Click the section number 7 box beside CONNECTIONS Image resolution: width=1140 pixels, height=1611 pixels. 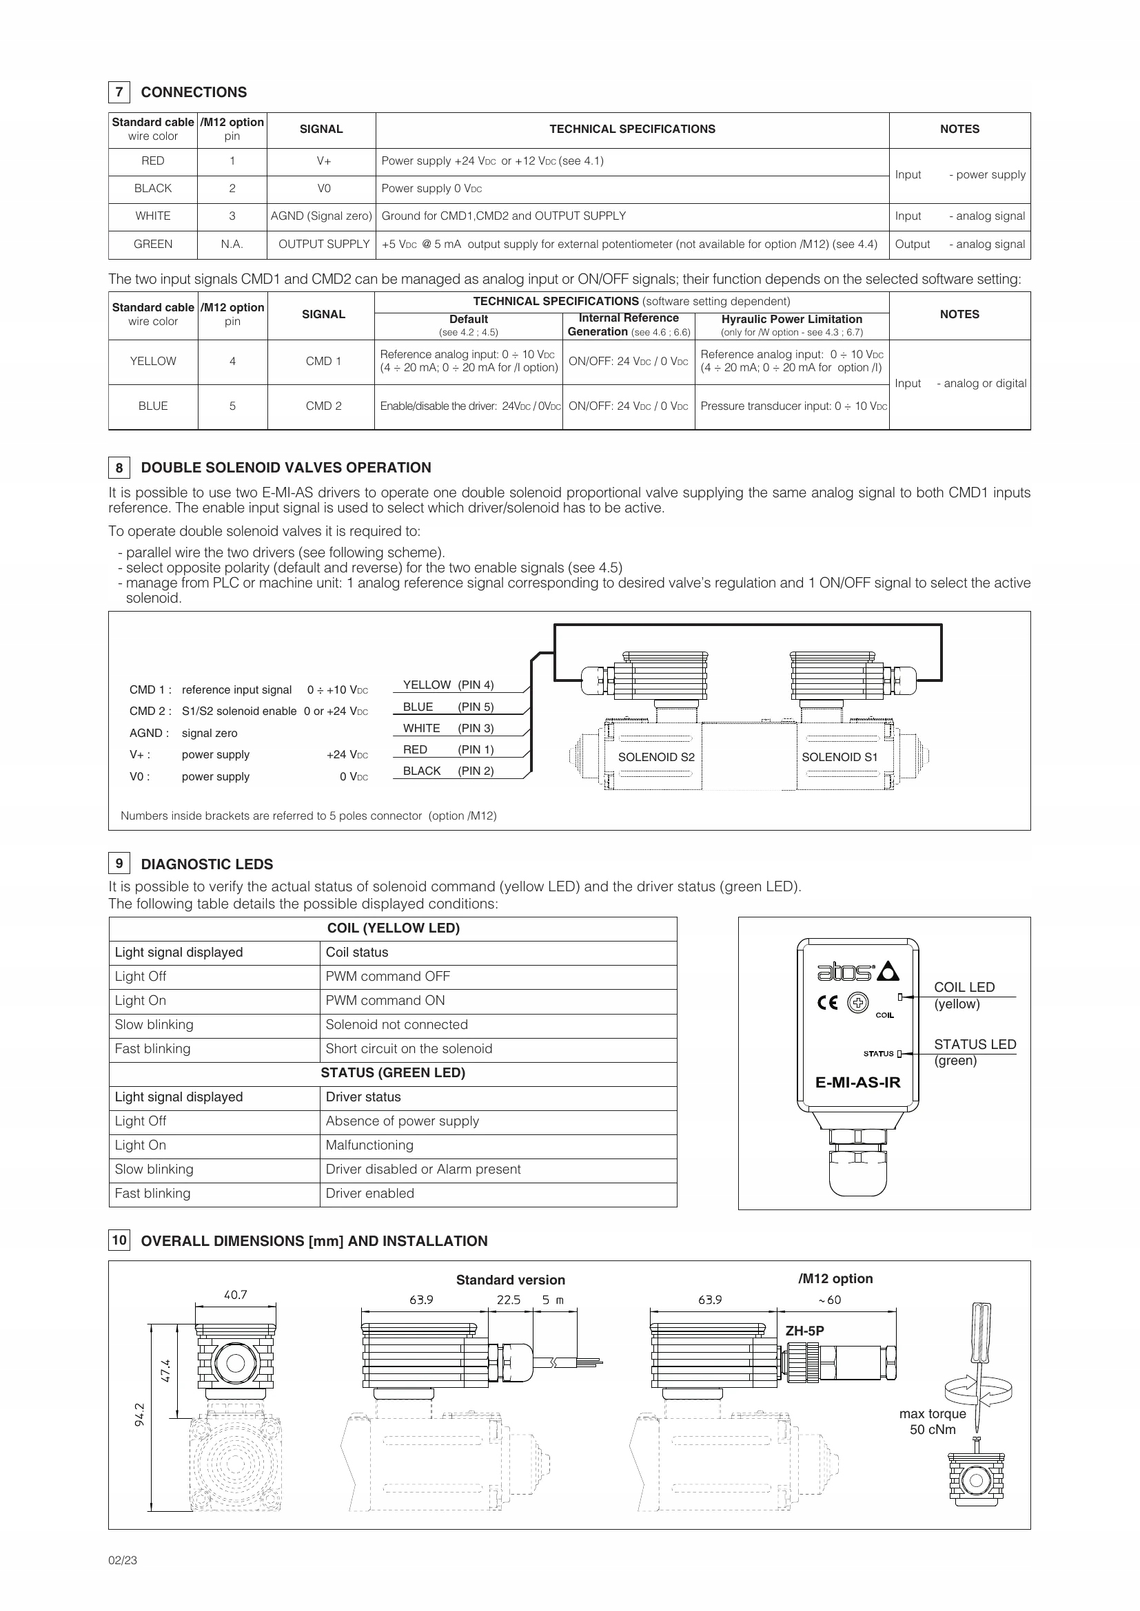tap(119, 92)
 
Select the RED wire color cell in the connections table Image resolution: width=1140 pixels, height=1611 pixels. tap(153, 161)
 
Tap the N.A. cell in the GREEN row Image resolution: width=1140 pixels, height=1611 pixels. tap(232, 245)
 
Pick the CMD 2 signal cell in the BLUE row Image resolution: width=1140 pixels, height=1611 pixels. tap(324, 406)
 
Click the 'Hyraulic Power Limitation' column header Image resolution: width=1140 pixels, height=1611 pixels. tap(792, 320)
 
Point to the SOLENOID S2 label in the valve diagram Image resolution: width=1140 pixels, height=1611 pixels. tap(655, 757)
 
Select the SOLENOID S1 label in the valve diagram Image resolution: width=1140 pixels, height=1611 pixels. tap(839, 757)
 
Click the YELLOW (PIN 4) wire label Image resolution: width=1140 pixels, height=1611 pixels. tap(448, 685)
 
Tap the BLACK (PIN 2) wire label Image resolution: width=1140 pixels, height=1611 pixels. tap(448, 771)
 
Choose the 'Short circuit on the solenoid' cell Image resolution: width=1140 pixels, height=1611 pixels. tap(409, 1049)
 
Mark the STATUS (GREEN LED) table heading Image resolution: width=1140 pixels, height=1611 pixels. tap(392, 1073)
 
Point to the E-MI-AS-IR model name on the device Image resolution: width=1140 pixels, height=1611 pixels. tap(857, 1083)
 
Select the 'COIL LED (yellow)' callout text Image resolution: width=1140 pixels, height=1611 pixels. tap(964, 995)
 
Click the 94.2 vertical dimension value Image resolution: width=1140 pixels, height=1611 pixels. tap(139, 1415)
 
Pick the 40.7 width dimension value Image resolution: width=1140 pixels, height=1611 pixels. tap(235, 1296)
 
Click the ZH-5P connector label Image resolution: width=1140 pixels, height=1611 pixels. tap(804, 1331)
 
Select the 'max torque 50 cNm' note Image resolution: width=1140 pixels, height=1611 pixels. tap(933, 1422)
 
